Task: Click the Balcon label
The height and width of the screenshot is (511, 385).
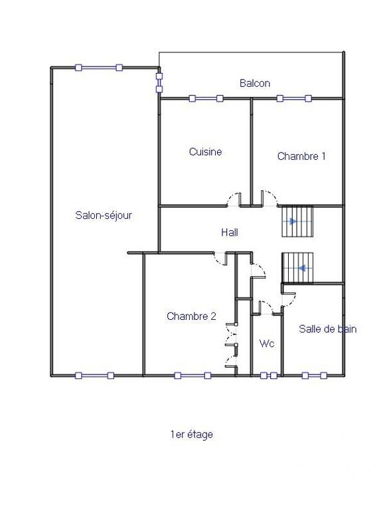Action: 255,83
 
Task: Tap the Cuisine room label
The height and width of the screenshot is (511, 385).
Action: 205,152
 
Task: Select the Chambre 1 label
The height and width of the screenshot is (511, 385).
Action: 301,157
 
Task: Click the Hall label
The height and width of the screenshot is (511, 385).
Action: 230,232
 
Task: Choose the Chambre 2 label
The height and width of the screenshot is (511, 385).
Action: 191,316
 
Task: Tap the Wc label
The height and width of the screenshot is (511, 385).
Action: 267,344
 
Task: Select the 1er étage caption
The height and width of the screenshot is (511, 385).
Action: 191,435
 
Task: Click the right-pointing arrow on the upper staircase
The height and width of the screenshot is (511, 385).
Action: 293,222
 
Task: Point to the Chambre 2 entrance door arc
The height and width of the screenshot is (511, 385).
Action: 219,259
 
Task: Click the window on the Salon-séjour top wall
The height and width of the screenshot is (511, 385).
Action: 98,67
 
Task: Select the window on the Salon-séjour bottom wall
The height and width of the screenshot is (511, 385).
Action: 94,376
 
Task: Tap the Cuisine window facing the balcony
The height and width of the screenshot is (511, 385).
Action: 206,99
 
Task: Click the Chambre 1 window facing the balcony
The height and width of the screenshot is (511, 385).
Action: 294,99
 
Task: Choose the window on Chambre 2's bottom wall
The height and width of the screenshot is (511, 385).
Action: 193,376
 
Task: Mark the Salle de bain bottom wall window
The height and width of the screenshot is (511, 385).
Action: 315,376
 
